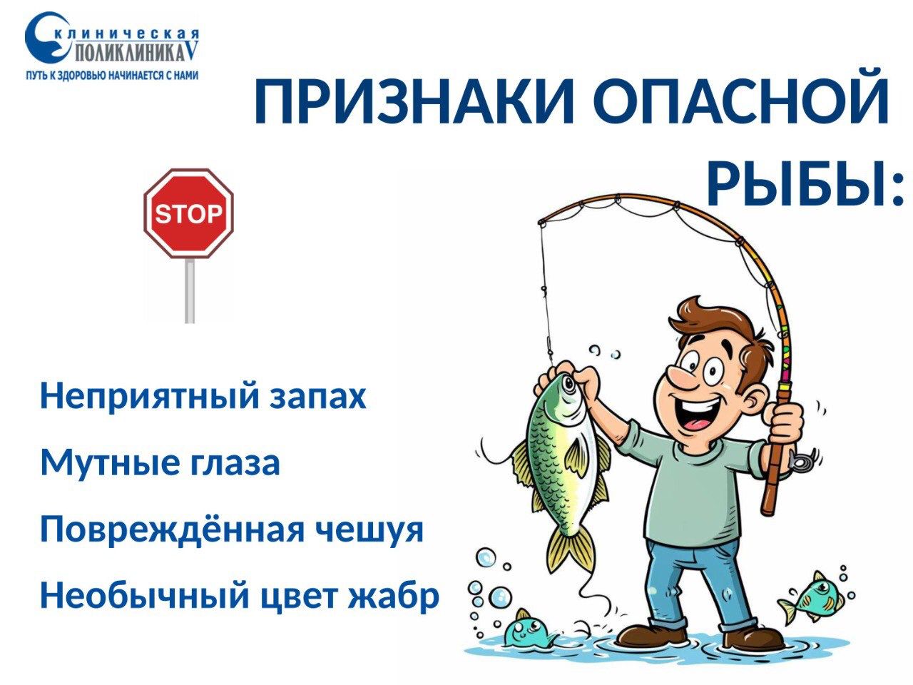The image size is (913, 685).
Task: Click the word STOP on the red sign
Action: tap(188, 214)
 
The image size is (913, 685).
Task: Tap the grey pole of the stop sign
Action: tap(190, 290)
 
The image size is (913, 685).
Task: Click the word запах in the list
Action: tap(318, 398)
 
